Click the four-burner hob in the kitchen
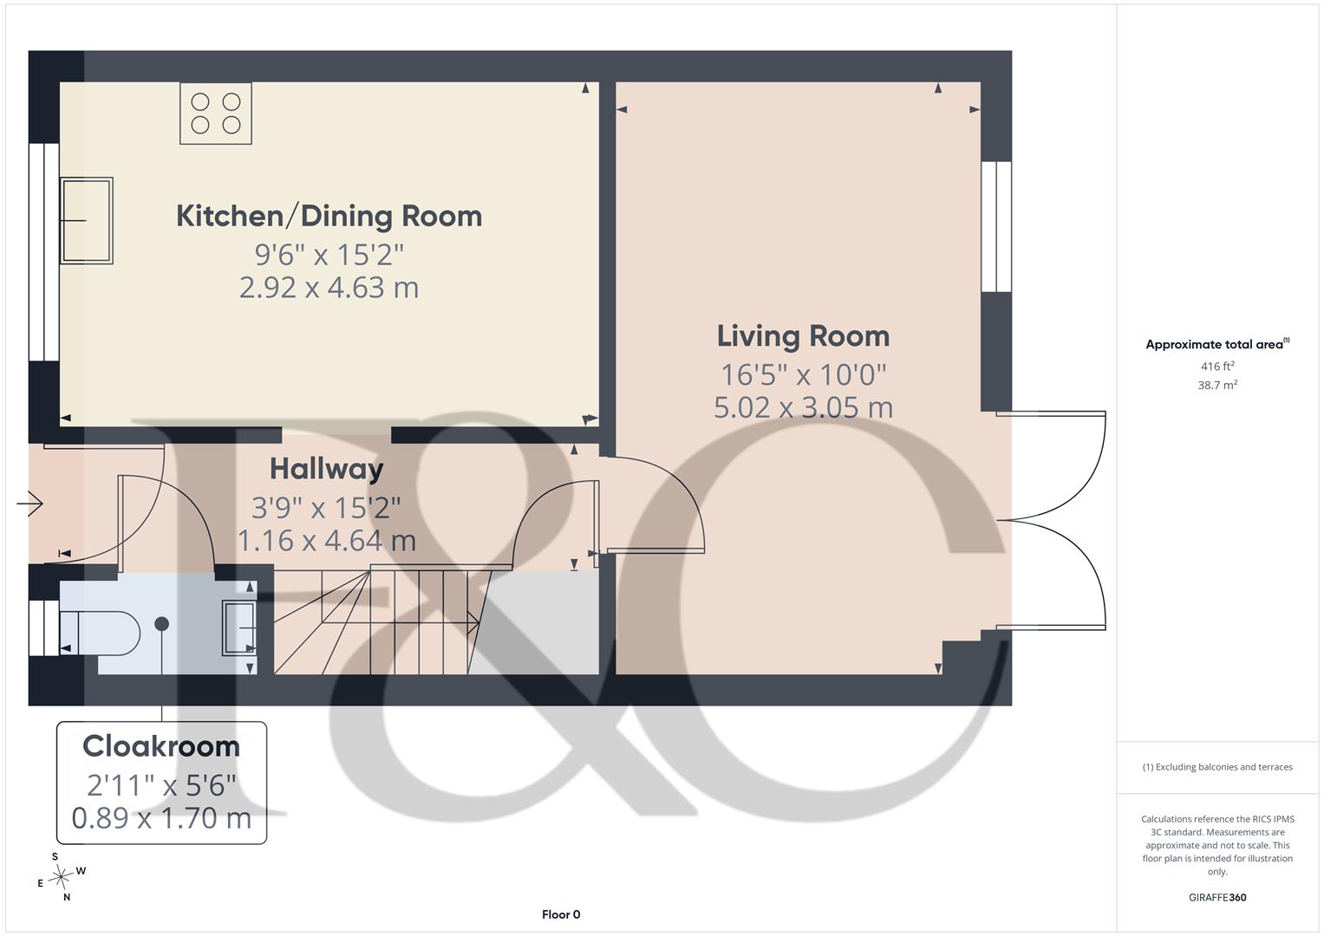tap(216, 113)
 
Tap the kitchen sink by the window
tap(87, 220)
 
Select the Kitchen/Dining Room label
tap(329, 217)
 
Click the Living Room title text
tap(803, 336)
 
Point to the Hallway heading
tap(326, 470)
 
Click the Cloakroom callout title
tap(161, 746)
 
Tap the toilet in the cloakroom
tap(100, 633)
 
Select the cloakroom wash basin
tap(238, 627)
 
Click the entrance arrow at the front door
tap(29, 504)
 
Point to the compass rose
tap(61, 877)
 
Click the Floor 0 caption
tap(561, 914)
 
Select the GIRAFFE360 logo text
tap(1217, 898)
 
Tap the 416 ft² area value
tap(1217, 367)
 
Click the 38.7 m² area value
tap(1217, 386)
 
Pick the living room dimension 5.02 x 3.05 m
tap(803, 407)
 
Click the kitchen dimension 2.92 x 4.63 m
tap(329, 288)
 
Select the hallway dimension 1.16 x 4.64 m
tap(326, 541)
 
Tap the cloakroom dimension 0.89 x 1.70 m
tap(161, 818)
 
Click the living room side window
tap(996, 227)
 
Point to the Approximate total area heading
tap(1217, 344)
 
